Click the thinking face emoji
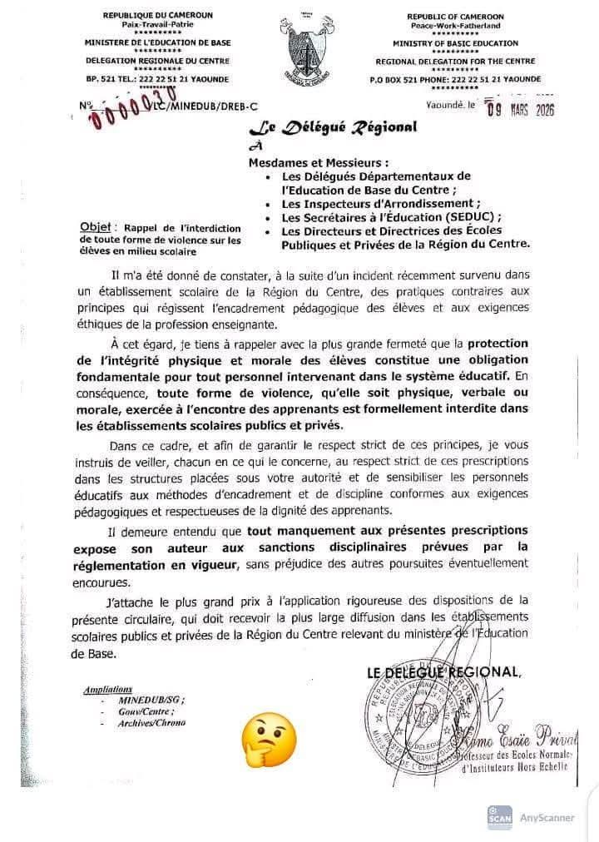tap(269, 738)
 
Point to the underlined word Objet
tap(97, 227)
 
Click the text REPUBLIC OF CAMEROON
tap(455, 16)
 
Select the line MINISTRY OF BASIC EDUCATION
tap(455, 42)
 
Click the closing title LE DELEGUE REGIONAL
tap(444, 673)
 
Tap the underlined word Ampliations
tap(108, 690)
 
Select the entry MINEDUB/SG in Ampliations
tap(155, 701)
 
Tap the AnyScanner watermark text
tap(547, 817)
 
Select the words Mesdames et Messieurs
tap(319, 162)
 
